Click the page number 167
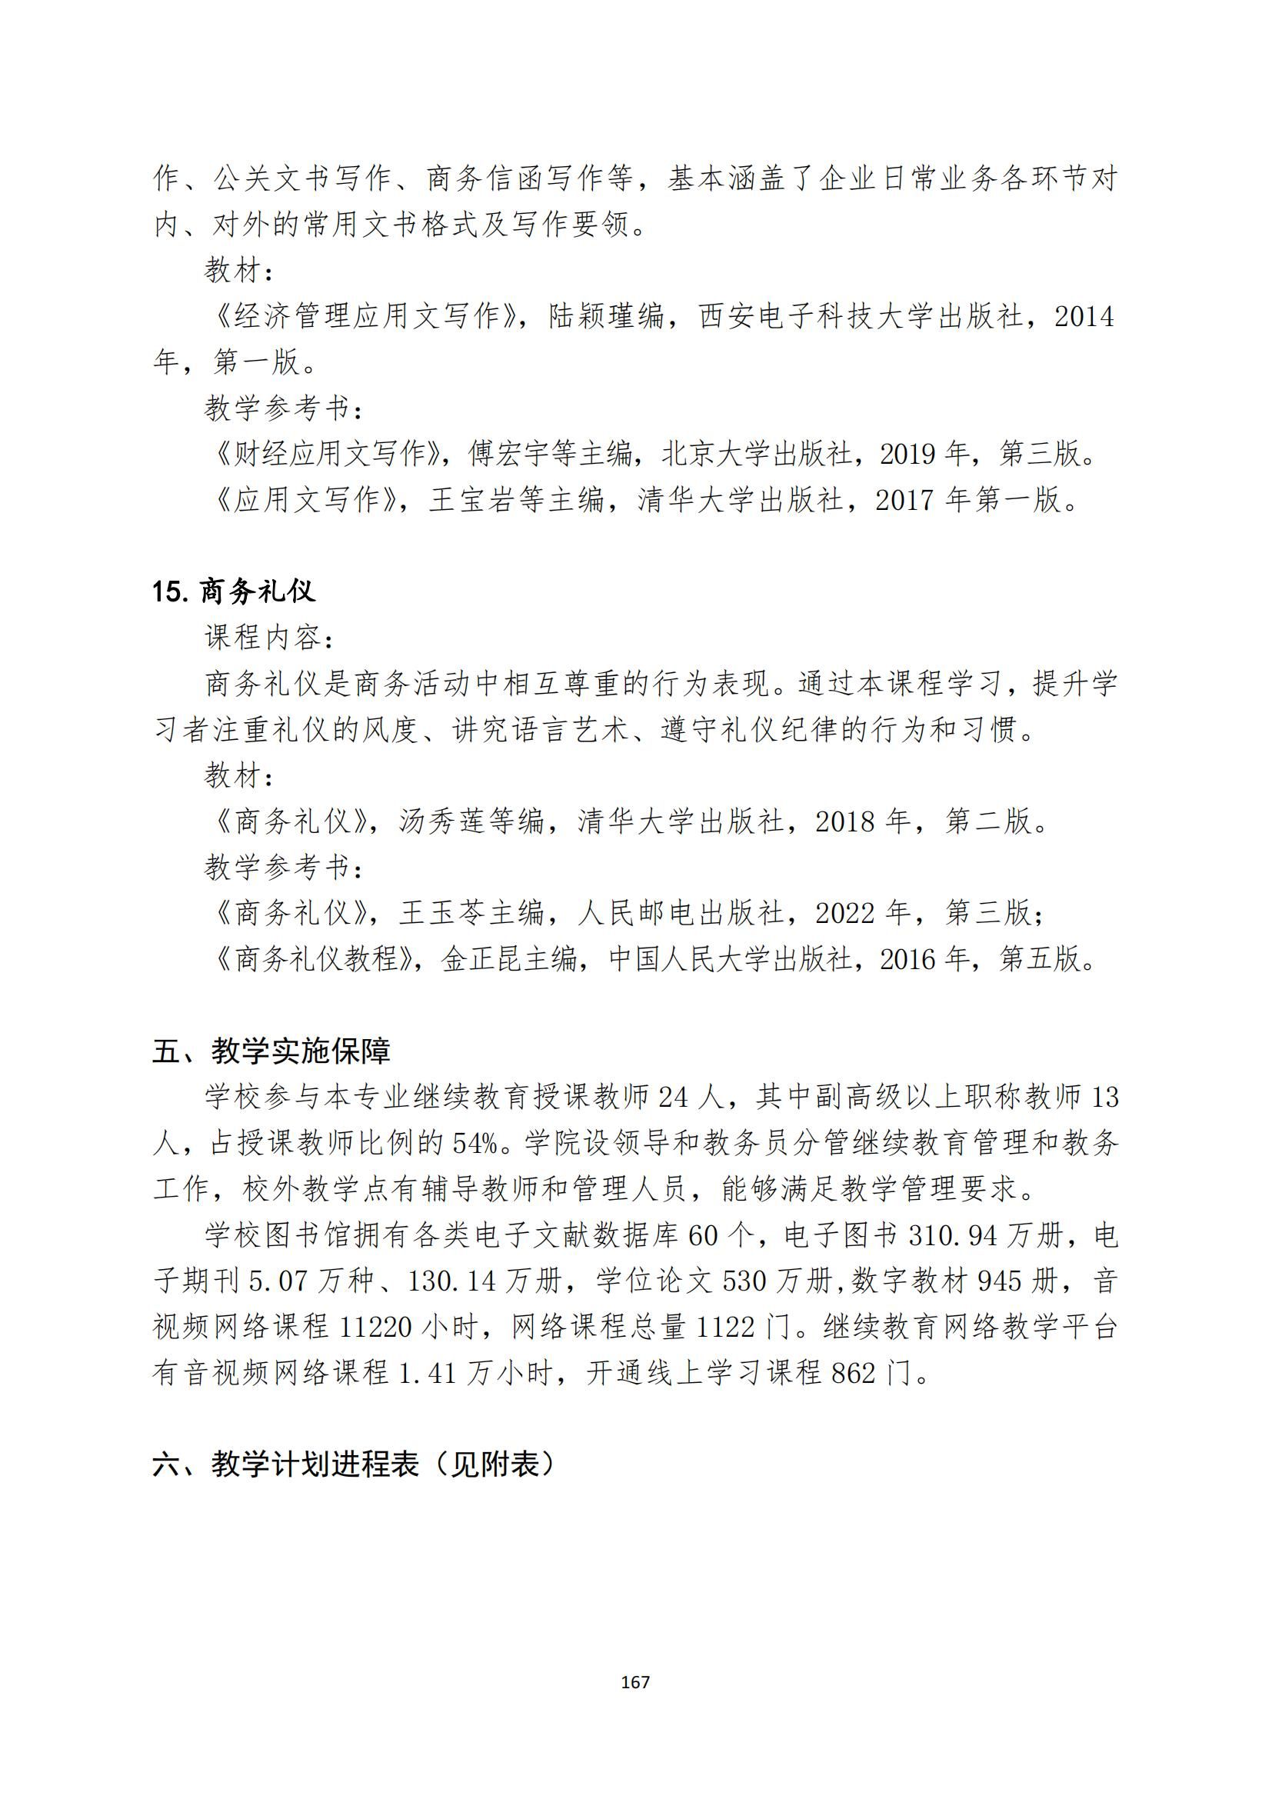point(634,1682)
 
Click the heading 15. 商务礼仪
point(234,591)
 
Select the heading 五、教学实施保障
point(271,1051)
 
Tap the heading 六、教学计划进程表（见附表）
point(354,1464)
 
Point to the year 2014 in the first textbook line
point(1084,317)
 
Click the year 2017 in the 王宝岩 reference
point(904,500)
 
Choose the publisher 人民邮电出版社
point(681,913)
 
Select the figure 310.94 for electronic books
point(953,1236)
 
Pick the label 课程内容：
point(271,638)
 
